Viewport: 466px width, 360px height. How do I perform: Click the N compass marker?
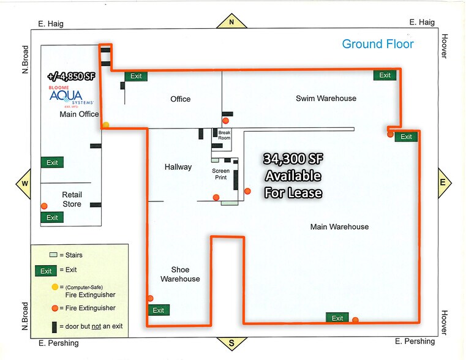[231, 21]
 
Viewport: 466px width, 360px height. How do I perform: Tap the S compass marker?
[231, 343]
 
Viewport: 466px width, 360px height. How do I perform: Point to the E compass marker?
[444, 182]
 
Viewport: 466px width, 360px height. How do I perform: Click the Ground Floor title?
[378, 44]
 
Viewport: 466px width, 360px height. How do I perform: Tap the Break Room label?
[224, 135]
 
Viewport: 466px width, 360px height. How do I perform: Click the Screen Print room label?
[221, 174]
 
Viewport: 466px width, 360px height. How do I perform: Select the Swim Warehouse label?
[326, 99]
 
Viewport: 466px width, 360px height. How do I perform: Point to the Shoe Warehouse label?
[180, 274]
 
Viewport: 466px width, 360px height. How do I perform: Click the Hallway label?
[178, 167]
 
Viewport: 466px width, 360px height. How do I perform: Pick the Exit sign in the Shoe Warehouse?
[159, 310]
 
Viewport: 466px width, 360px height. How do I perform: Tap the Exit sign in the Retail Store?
[52, 217]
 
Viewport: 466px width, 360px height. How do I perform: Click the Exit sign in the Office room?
[136, 76]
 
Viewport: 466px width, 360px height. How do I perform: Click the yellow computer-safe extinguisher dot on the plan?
[106, 125]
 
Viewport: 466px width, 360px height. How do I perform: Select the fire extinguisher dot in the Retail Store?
[44, 206]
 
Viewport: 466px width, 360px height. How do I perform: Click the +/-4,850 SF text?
[71, 77]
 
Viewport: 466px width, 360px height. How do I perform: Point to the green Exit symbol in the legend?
[46, 271]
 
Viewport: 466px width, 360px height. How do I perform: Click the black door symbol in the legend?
[54, 327]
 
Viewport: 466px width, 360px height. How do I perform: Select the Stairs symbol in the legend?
[53, 255]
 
